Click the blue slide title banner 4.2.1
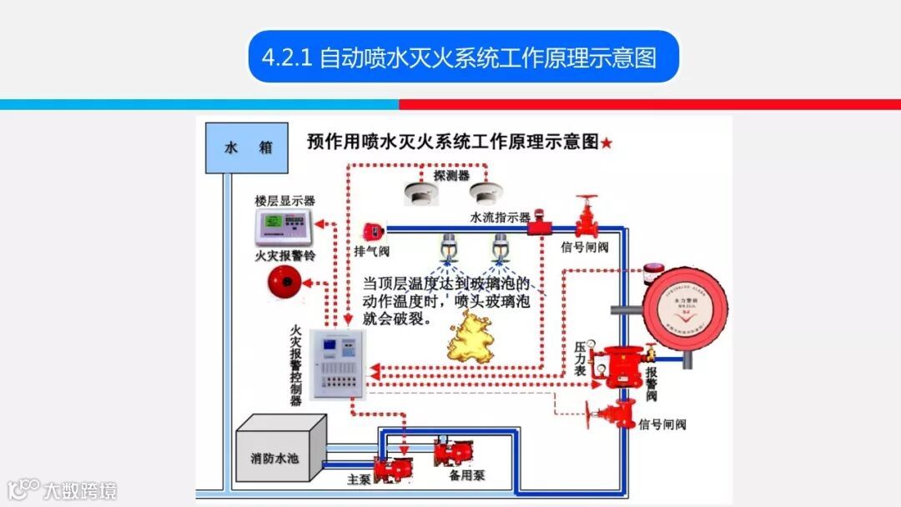pos(464,57)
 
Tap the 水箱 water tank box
pos(247,148)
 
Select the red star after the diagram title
pos(607,143)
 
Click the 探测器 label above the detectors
pos(451,176)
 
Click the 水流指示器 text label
pos(500,218)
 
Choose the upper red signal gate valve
pos(587,218)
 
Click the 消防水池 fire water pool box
pos(279,458)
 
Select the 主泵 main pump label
pos(358,480)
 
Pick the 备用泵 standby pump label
pos(467,474)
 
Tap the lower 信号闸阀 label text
pos(662,424)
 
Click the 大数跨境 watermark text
pos(80,490)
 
